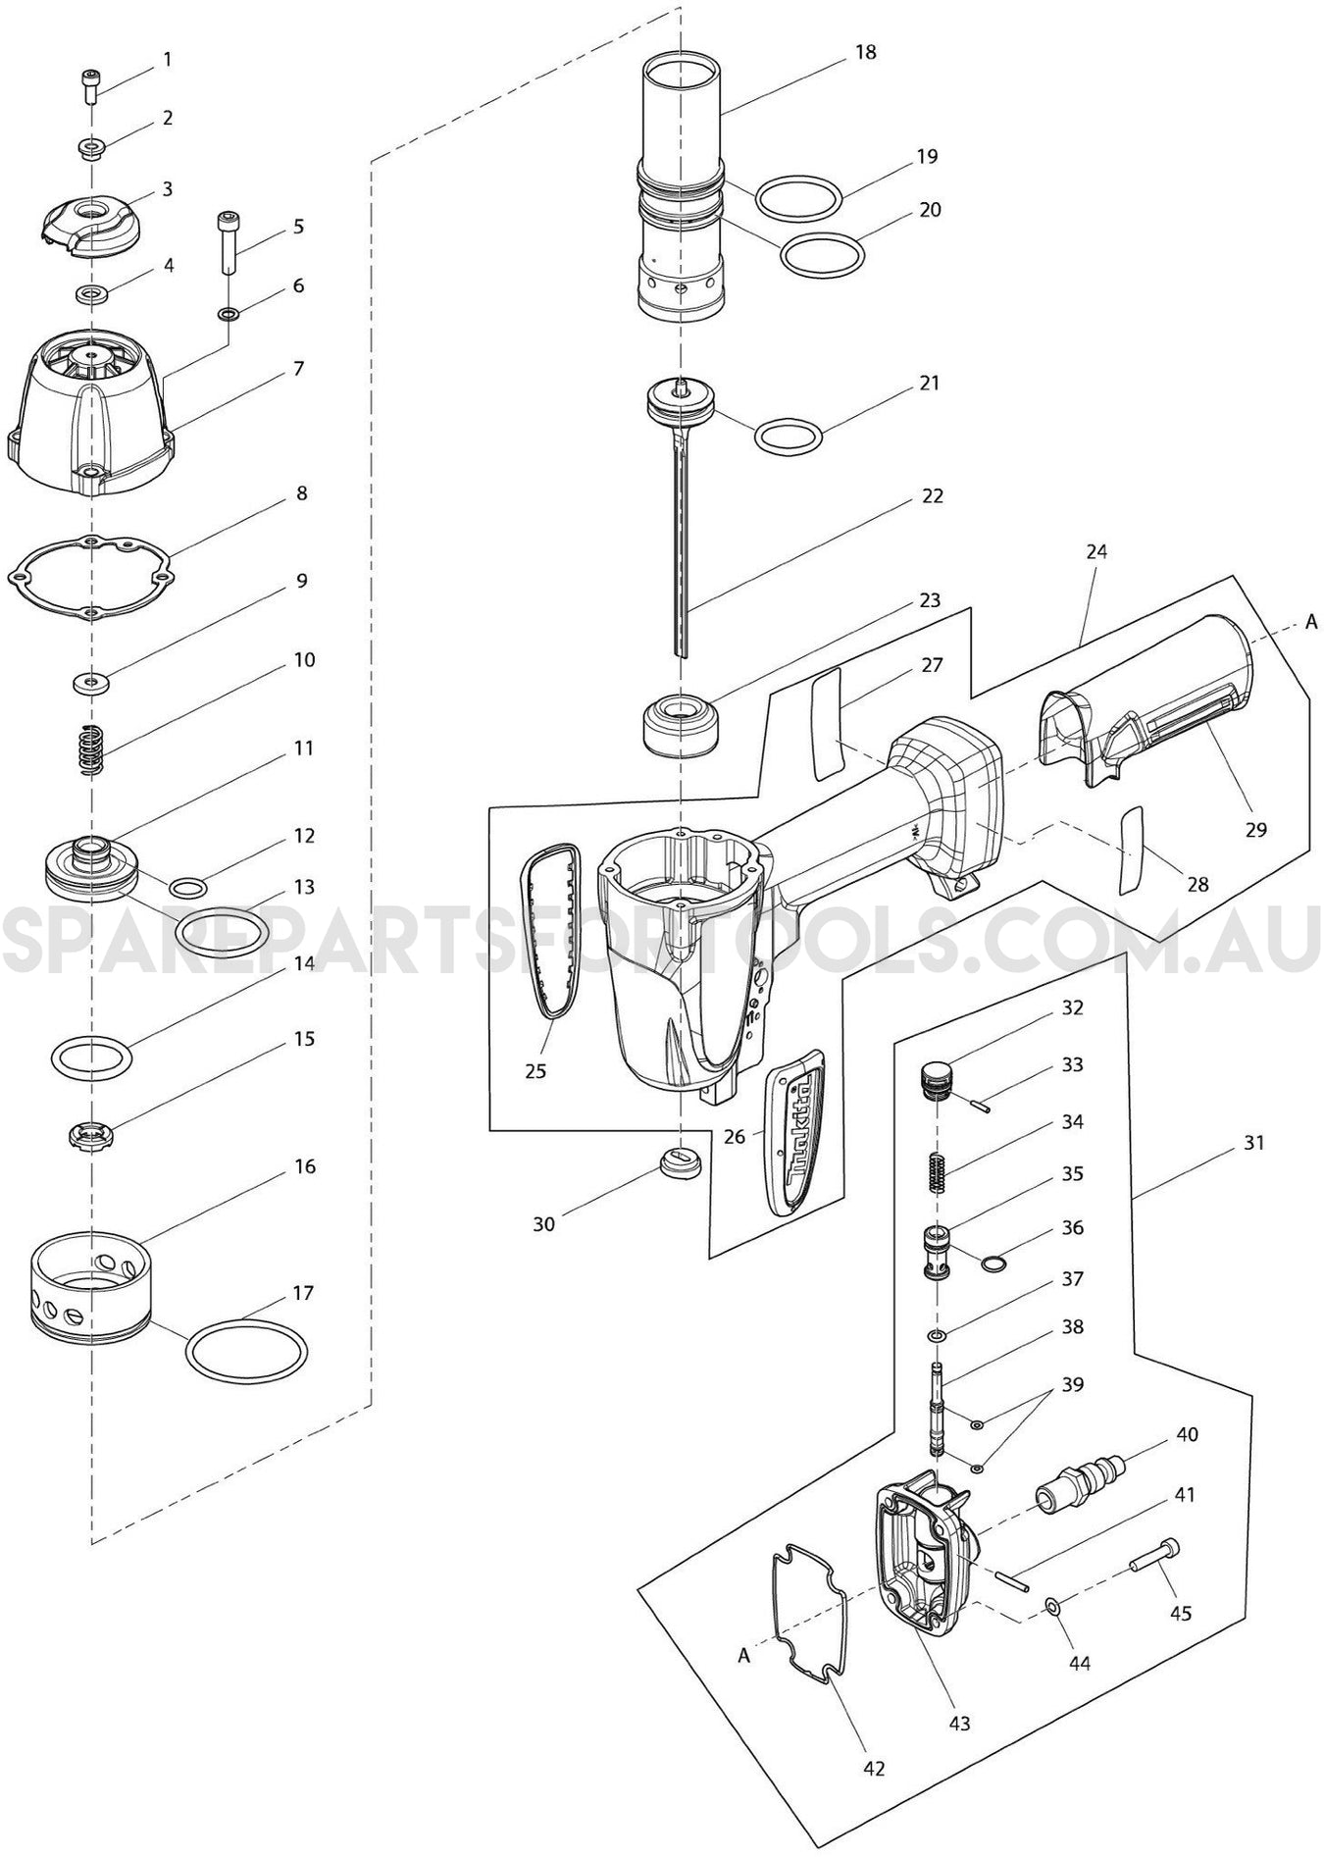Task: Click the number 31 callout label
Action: (x=1252, y=1143)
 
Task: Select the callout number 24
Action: (x=1096, y=551)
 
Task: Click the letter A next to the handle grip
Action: (x=1310, y=621)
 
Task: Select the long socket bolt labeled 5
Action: (x=227, y=242)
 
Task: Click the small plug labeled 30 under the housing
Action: (x=679, y=1164)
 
